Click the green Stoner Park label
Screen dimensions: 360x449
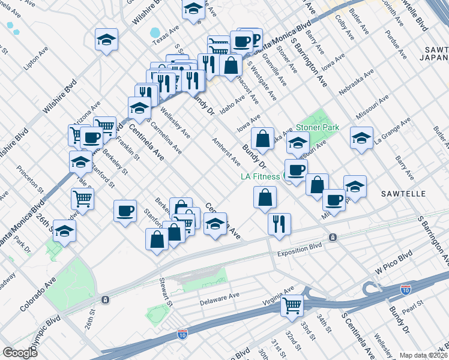[x=317, y=127]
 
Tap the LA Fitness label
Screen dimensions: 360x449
[x=261, y=176]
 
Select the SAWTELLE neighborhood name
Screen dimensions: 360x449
[x=403, y=194]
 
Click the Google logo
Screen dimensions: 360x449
[x=20, y=353]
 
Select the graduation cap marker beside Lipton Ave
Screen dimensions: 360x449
[x=106, y=41]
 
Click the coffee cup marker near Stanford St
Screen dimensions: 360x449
[x=125, y=212]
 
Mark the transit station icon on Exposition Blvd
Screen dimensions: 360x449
[x=333, y=238]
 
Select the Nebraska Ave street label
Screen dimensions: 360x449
[x=356, y=82]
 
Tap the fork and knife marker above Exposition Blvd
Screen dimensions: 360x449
[x=279, y=224]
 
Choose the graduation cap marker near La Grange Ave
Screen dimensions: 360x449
[x=361, y=138]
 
